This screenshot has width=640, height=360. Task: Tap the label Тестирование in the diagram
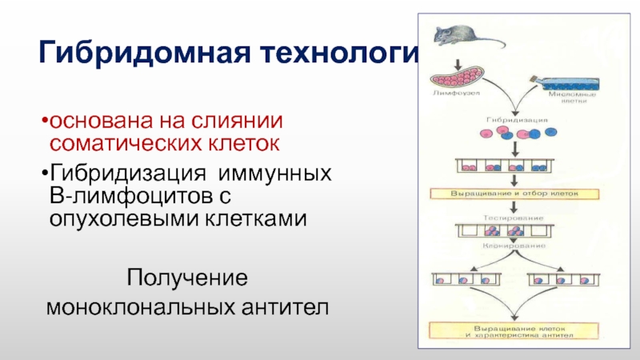[x=511, y=217]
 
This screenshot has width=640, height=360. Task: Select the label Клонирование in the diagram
[x=512, y=247]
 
